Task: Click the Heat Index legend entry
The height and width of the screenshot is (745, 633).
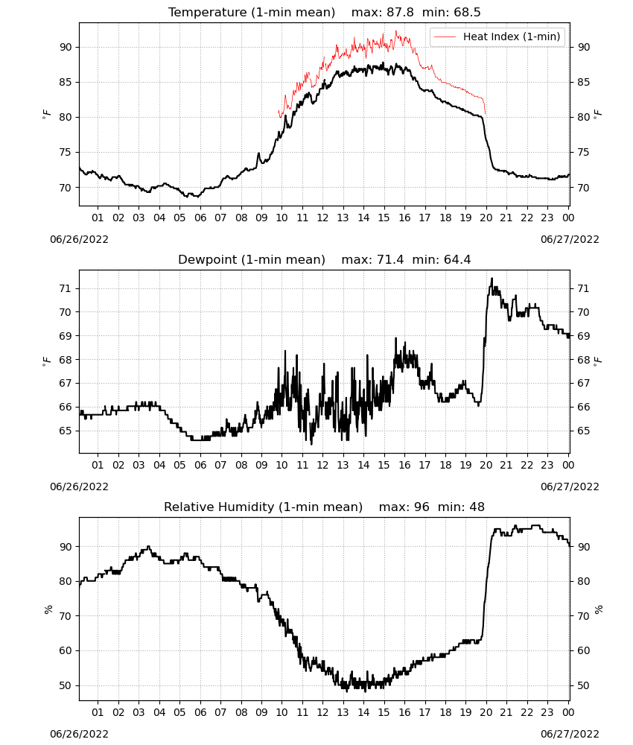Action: click(497, 37)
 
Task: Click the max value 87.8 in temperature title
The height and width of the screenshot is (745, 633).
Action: click(400, 13)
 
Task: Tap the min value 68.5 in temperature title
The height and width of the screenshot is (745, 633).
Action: click(467, 13)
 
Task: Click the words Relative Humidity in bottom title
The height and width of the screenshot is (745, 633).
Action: click(220, 507)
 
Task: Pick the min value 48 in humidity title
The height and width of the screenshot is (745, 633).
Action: click(477, 507)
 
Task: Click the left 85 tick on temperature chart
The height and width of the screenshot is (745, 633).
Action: click(66, 82)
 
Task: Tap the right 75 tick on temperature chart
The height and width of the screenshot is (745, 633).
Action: click(584, 153)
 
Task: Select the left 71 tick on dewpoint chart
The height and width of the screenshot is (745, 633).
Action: click(66, 288)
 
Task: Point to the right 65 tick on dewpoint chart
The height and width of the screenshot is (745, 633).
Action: click(584, 431)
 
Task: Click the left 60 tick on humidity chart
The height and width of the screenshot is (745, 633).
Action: click(66, 651)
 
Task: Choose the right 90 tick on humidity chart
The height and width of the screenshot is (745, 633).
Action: click(584, 547)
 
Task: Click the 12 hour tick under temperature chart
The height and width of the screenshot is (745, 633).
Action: click(323, 218)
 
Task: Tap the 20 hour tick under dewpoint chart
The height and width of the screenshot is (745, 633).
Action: click(486, 465)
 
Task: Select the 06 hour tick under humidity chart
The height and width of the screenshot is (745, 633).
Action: click(200, 712)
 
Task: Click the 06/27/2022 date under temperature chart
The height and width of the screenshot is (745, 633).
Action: click(570, 239)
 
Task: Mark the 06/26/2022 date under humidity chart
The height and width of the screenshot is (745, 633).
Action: click(79, 734)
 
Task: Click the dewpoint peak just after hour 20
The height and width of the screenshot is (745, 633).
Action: click(492, 279)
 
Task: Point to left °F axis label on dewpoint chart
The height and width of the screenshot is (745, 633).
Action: click(46, 361)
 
